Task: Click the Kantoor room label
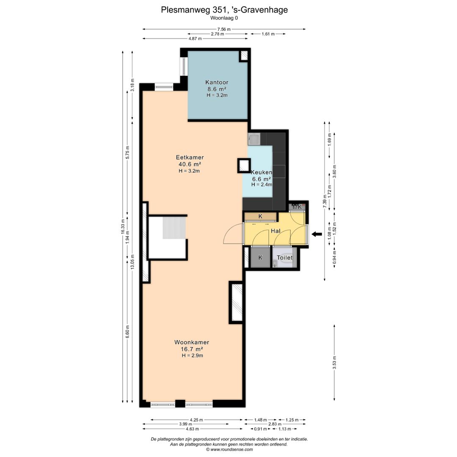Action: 217,83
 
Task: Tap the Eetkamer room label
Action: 190,157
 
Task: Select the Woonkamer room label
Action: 192,342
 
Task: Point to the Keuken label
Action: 262,172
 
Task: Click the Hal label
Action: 276,231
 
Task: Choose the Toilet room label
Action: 285,258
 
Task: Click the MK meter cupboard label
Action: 297,207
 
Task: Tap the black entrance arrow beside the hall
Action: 317,234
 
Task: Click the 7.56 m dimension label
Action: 224,29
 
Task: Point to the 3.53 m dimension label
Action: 334,363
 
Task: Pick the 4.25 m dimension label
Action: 196,420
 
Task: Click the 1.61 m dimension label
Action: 268,34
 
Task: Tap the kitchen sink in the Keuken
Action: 254,139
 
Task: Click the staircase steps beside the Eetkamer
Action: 174,228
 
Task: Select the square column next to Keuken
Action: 244,165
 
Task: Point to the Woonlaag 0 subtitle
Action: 224,18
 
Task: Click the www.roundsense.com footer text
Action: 231,449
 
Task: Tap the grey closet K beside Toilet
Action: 260,257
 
